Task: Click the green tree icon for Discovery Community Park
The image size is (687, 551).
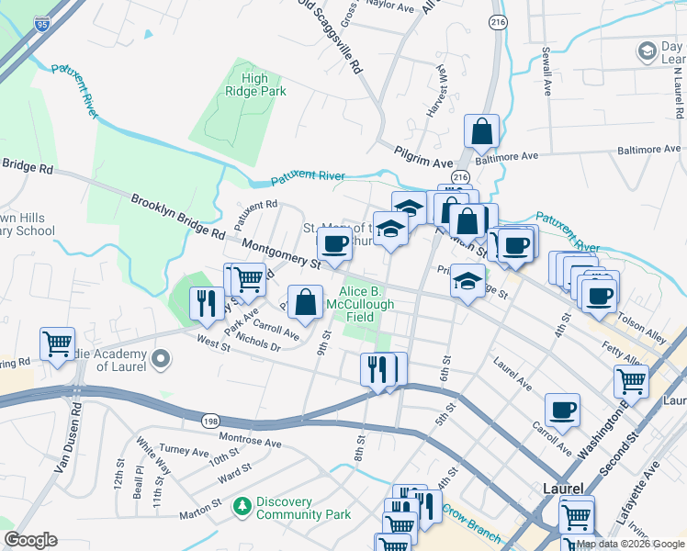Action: [x=242, y=507]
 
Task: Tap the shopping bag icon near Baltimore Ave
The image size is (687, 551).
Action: [x=481, y=133]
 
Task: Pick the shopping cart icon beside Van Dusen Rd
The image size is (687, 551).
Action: [x=57, y=344]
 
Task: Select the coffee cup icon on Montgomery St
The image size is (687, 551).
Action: [x=334, y=244]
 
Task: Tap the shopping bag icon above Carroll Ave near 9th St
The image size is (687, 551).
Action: [x=305, y=300]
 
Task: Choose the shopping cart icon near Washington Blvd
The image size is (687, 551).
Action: [x=631, y=380]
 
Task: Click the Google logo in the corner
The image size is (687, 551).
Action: [x=31, y=540]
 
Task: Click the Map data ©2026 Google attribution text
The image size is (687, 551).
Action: [x=630, y=544]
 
